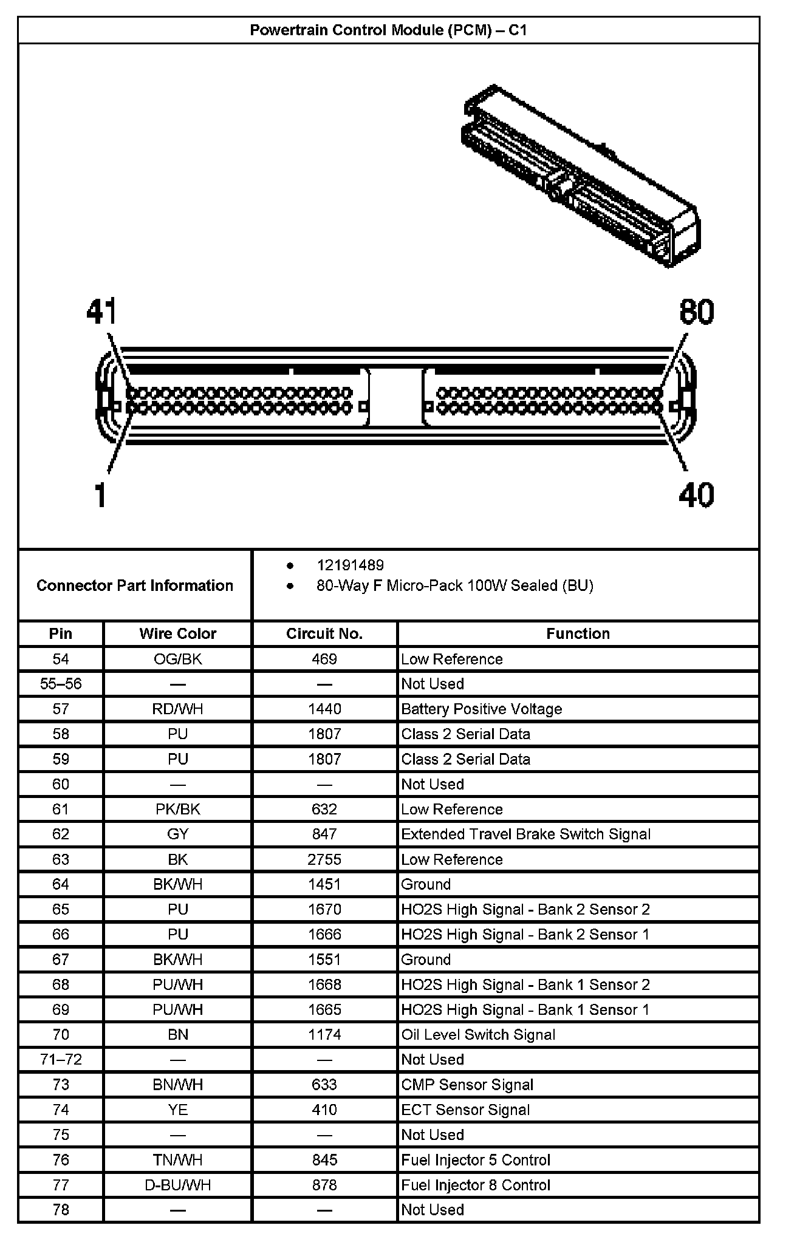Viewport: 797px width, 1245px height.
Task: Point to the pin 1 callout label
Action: click(101, 495)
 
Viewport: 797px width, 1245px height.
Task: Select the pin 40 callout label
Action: click(696, 495)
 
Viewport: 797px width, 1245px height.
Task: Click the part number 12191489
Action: click(350, 565)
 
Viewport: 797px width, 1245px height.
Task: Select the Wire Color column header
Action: click(177, 633)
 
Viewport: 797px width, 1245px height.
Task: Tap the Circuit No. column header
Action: click(324, 633)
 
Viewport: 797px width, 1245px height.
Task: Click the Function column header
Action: click(578, 633)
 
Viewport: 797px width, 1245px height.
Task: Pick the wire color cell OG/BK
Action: click(177, 659)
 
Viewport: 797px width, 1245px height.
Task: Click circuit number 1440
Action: click(324, 709)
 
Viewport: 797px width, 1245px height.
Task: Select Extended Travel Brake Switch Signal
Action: click(525, 834)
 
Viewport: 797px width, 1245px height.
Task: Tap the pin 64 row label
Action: click(61, 884)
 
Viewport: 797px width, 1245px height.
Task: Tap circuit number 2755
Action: click(324, 859)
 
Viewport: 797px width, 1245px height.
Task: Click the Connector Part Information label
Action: click(135, 585)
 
